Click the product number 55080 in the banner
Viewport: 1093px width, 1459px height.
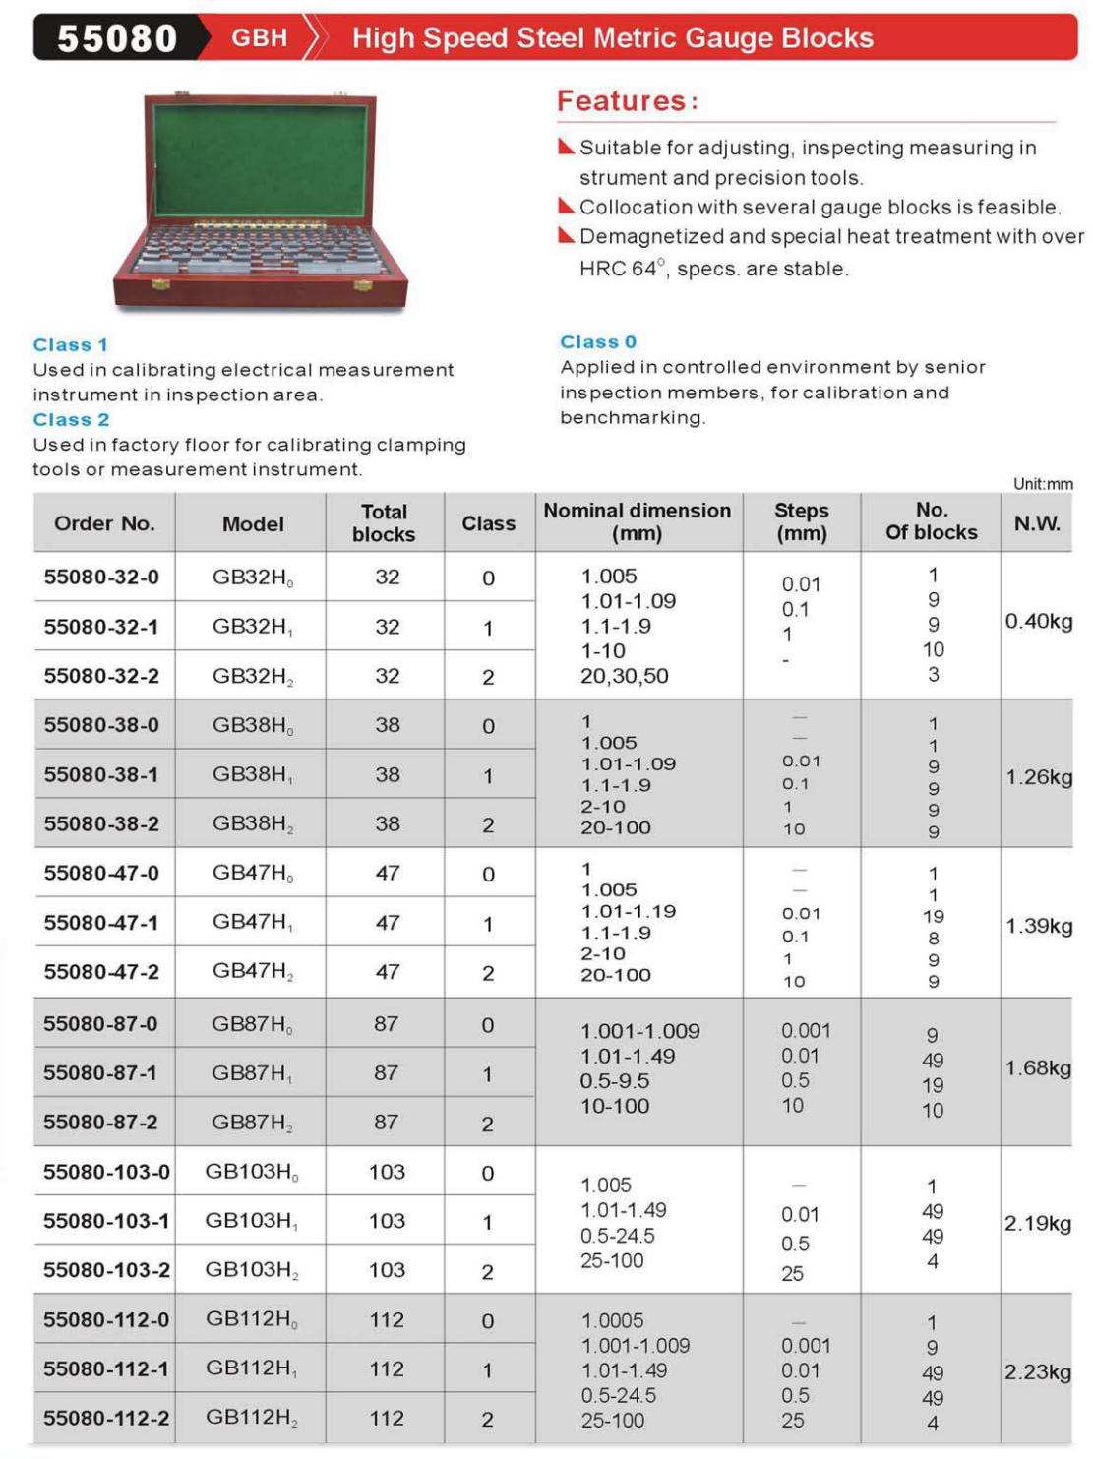coord(117,38)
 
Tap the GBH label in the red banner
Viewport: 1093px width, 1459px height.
coord(259,38)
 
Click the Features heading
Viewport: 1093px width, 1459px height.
coord(628,100)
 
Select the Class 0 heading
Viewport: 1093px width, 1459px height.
coord(598,342)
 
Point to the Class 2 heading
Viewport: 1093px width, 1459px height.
coord(71,420)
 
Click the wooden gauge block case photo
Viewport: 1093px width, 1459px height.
coord(260,201)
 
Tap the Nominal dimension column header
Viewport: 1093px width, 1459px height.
coord(638,522)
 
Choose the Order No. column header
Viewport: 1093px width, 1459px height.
coord(104,523)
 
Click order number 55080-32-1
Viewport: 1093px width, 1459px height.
coord(101,627)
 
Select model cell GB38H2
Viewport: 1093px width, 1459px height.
coord(253,824)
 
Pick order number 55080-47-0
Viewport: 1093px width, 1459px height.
coord(101,874)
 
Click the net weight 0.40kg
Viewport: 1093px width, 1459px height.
coord(1038,622)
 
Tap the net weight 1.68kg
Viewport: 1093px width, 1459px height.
coord(1038,1068)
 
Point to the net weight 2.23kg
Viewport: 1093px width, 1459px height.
coord(1038,1372)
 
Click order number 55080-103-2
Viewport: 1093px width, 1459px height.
coord(106,1270)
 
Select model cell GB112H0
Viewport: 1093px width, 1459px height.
coord(252,1319)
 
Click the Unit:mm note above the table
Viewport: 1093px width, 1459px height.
coord(1043,484)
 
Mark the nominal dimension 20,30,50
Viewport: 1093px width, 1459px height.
coord(624,676)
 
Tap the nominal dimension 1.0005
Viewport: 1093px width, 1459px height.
coord(612,1320)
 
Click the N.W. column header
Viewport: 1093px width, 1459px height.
coord(1037,523)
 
